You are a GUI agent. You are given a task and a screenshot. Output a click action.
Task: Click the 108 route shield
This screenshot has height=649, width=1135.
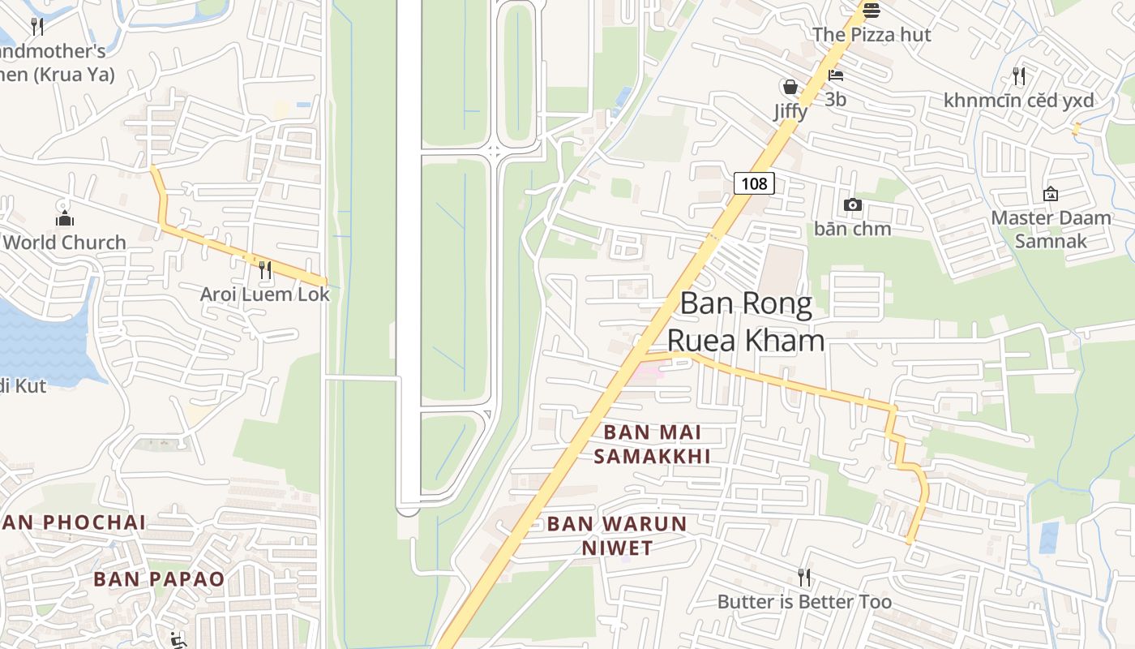point(754,183)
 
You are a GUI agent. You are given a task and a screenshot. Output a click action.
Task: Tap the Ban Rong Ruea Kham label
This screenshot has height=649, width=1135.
point(746,322)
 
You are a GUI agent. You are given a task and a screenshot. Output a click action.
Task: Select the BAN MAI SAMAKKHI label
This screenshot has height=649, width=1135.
point(652,445)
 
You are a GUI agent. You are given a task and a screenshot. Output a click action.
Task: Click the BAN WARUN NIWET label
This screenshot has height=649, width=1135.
point(617,535)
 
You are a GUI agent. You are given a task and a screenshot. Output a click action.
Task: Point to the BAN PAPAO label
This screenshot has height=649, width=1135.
point(159,579)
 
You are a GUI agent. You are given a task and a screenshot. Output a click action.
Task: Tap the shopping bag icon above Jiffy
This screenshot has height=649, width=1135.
point(790,87)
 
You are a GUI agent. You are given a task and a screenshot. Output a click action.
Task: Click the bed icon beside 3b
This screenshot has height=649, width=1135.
point(836,75)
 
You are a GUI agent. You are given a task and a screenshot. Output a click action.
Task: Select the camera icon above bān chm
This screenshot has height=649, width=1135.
point(852,204)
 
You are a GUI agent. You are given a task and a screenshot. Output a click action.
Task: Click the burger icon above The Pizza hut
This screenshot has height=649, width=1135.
point(872,11)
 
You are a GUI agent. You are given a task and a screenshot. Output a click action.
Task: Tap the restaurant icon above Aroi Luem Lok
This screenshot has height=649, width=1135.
point(264,269)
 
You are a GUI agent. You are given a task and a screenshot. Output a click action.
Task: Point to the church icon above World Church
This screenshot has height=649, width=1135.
point(65,218)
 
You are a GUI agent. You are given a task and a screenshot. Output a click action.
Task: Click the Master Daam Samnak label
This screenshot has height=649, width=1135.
point(1051,230)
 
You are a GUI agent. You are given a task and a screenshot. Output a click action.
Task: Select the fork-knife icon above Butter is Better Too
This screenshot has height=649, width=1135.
point(803,578)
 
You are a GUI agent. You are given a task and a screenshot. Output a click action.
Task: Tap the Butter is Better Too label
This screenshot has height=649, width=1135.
point(804,602)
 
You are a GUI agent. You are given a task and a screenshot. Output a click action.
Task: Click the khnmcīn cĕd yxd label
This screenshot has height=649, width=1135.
point(1018,101)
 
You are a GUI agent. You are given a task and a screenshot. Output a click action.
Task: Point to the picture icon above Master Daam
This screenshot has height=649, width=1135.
point(1050,194)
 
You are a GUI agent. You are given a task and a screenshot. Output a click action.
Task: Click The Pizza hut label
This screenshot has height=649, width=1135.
point(872,35)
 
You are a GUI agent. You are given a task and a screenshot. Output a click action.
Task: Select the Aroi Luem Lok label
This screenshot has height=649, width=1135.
point(265,294)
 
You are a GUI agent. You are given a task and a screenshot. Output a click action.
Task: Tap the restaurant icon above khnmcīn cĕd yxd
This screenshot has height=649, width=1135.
point(1019,76)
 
